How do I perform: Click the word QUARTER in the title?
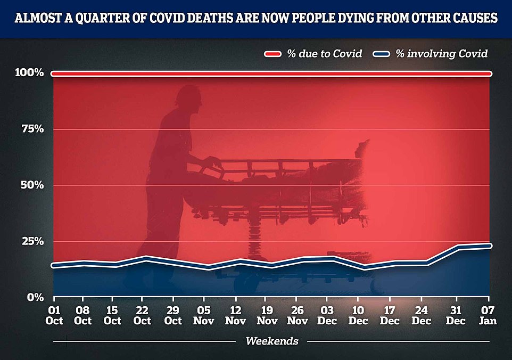[133, 19]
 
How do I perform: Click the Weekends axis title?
[271, 341]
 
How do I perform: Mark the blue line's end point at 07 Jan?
[489, 246]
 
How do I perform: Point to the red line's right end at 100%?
[490, 73]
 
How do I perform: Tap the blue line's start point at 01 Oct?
[54, 265]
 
